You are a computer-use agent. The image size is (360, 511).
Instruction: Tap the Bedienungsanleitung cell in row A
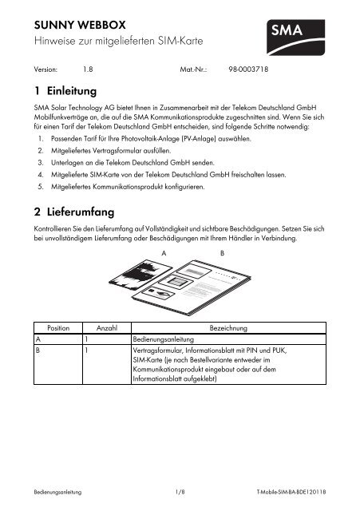point(164,339)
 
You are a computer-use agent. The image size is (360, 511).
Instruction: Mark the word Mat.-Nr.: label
point(194,69)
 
